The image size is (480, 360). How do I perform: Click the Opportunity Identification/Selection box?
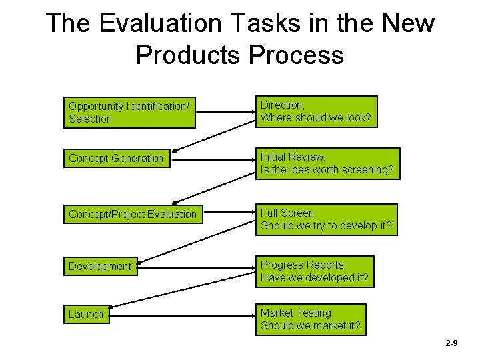(131, 113)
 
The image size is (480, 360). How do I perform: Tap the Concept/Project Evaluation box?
(132, 214)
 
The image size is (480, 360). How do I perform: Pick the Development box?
(101, 266)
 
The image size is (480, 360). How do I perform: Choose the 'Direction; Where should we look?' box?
(317, 111)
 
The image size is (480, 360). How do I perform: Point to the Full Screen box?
(326, 219)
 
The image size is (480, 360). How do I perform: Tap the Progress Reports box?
(315, 271)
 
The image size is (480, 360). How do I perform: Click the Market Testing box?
(311, 319)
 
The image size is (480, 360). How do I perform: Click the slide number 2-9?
(451, 343)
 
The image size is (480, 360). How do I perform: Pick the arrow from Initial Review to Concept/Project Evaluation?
(213, 188)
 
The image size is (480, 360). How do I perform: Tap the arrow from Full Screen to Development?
(197, 242)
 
